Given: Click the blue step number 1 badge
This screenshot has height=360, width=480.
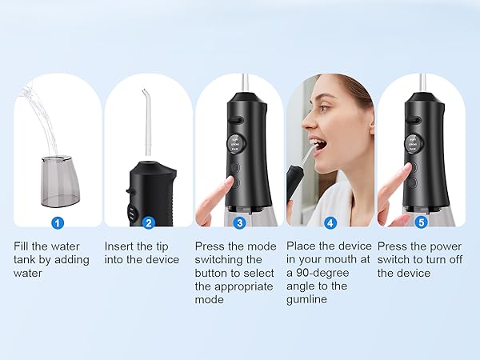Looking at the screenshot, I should (58, 223).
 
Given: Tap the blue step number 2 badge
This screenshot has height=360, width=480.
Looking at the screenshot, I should (148, 223).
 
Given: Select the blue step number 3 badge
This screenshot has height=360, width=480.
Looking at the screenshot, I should (239, 223).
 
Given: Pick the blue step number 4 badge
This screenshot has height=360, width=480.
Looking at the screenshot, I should (330, 223).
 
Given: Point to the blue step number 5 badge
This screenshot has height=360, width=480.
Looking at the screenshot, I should (421, 223).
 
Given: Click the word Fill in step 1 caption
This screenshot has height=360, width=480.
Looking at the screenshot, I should (22, 246).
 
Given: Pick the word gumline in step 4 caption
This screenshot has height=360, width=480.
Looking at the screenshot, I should (309, 299).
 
